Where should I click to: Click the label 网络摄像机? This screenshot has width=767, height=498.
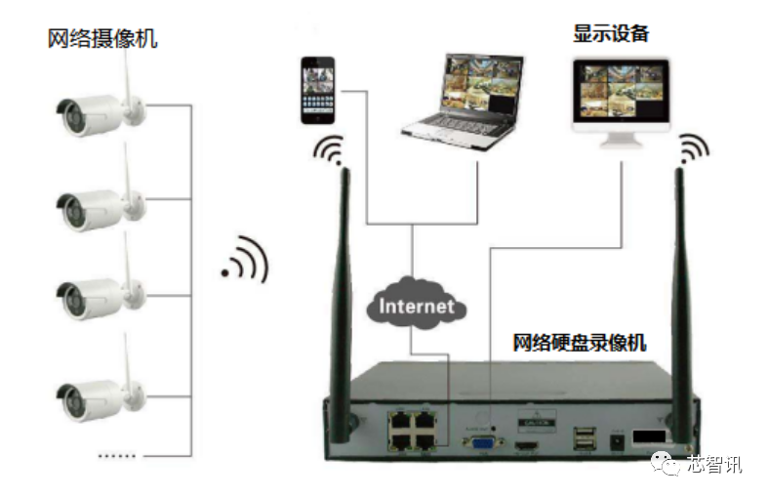[101, 39]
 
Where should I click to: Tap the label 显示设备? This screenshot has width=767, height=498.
[611, 33]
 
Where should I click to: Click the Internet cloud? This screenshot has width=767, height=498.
[417, 305]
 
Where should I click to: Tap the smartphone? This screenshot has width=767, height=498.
[317, 91]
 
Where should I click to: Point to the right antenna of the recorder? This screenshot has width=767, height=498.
[679, 293]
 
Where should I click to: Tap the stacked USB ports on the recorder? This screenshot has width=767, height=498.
[583, 441]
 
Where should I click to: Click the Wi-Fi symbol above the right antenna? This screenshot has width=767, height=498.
[694, 147]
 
